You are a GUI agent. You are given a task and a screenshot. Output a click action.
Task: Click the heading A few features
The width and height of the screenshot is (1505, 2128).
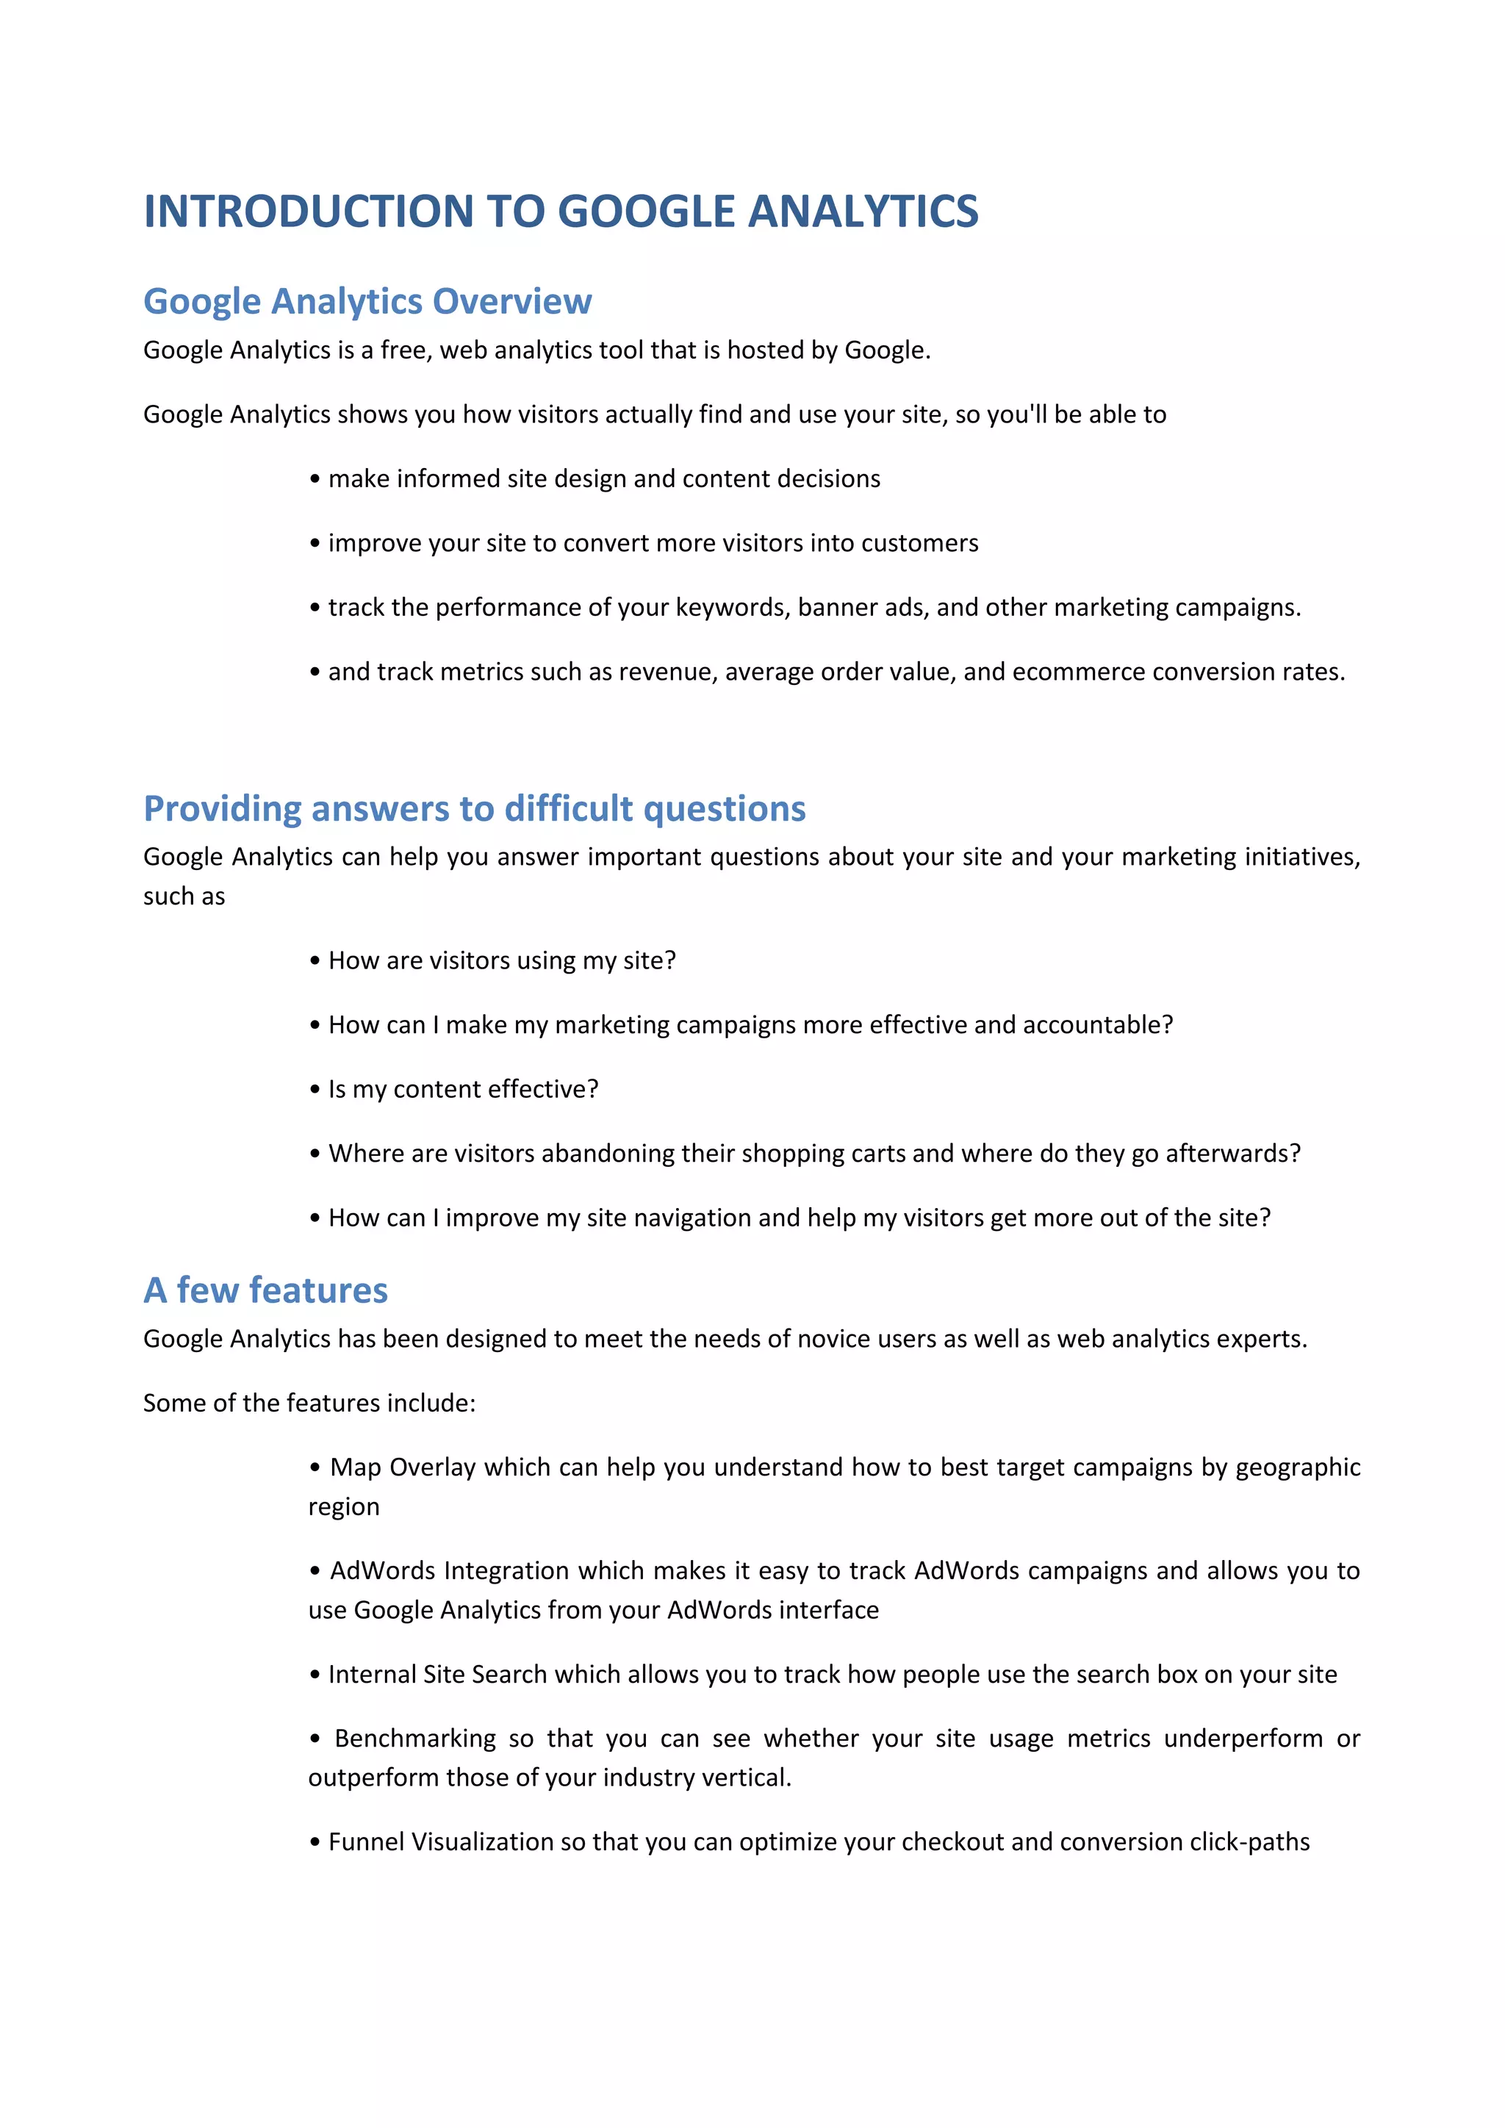[x=265, y=1290]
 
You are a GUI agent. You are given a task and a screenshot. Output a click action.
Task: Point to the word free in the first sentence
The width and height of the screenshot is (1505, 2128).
[x=404, y=351]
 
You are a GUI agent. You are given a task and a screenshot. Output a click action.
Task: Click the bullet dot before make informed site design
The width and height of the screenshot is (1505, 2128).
[x=315, y=479]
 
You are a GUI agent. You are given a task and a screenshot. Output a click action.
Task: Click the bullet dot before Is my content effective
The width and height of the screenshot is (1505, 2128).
[x=315, y=1090]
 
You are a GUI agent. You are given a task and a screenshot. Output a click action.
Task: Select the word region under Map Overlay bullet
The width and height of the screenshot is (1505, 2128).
[x=344, y=1507]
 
